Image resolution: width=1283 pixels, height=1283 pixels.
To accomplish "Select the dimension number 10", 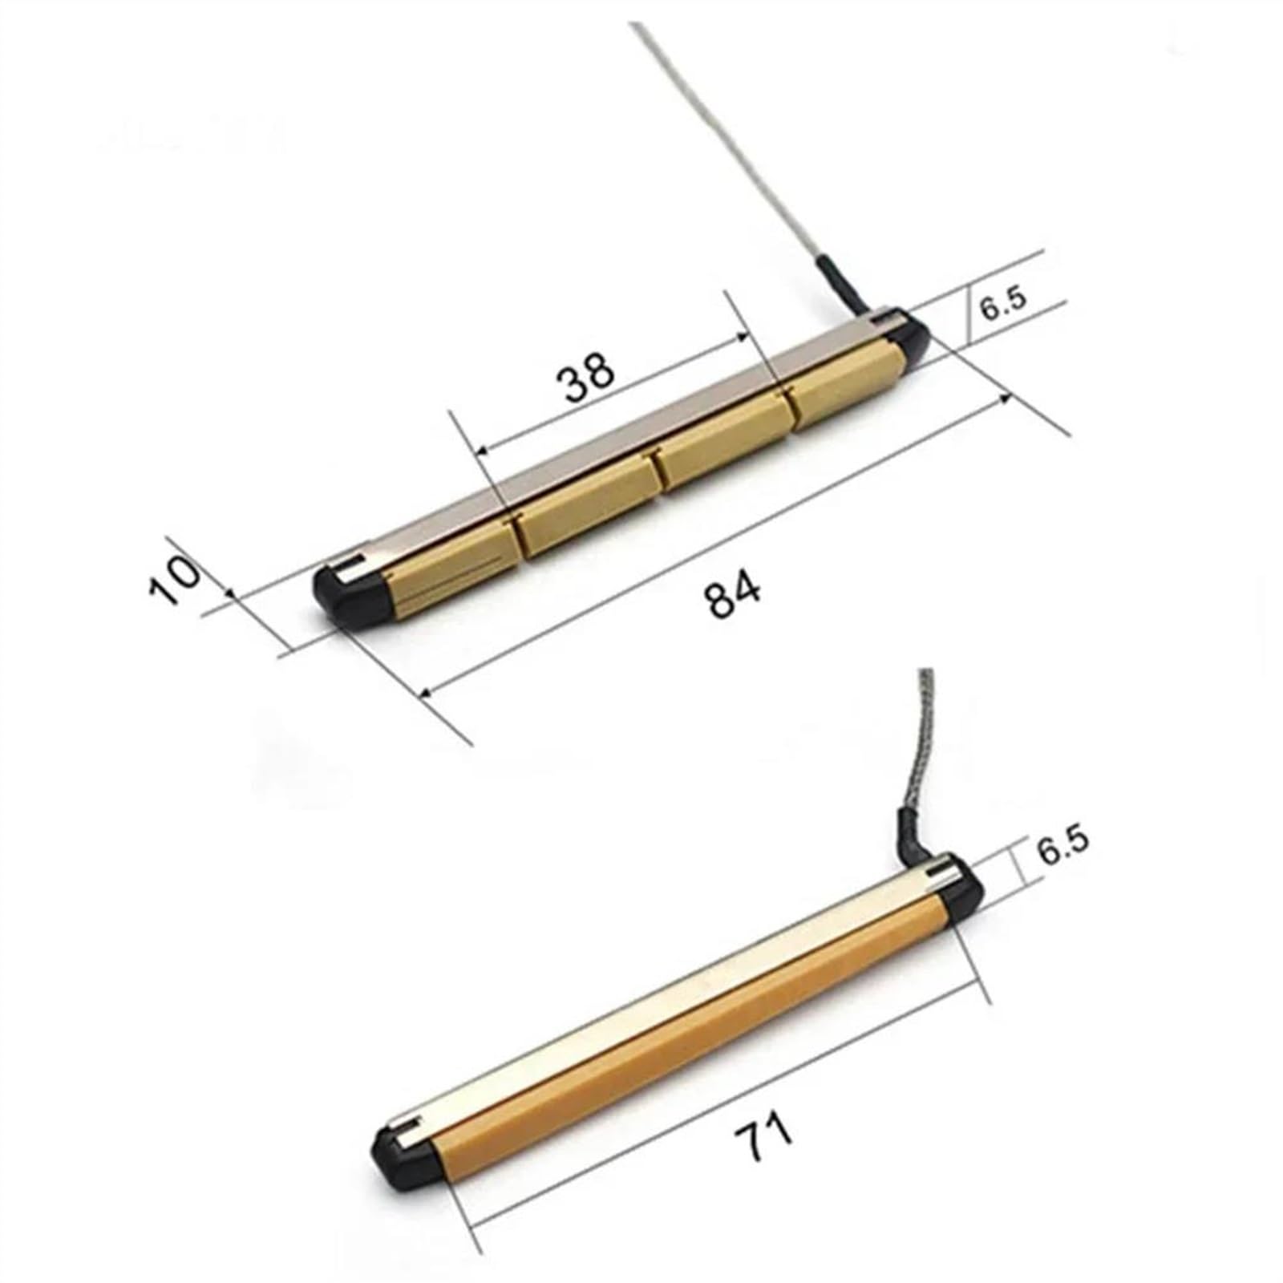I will coord(175,579).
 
